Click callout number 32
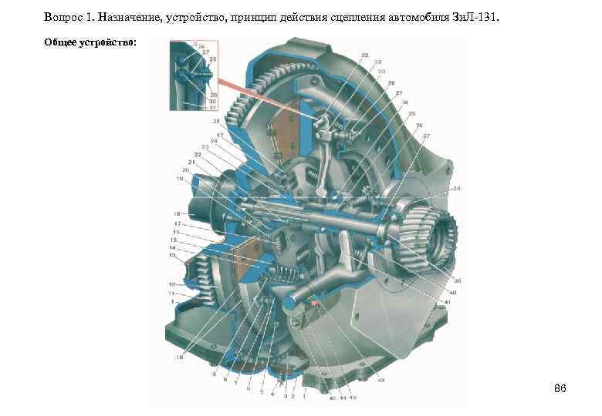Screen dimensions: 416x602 364,55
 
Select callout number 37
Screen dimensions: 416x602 426,136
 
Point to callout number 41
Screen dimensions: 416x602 447,303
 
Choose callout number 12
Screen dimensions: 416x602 173,284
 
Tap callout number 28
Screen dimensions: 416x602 216,121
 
